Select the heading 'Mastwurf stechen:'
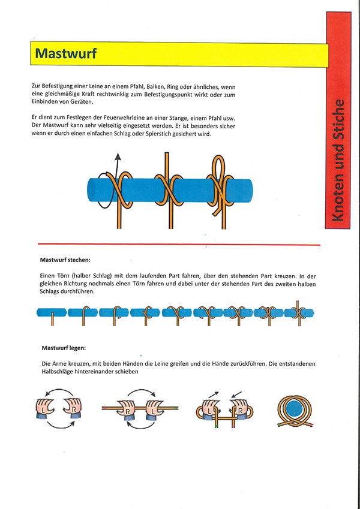[x=65, y=260]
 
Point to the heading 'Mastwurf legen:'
[x=63, y=348]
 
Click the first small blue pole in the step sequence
[x=51, y=312]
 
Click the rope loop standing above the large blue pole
[x=219, y=167]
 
